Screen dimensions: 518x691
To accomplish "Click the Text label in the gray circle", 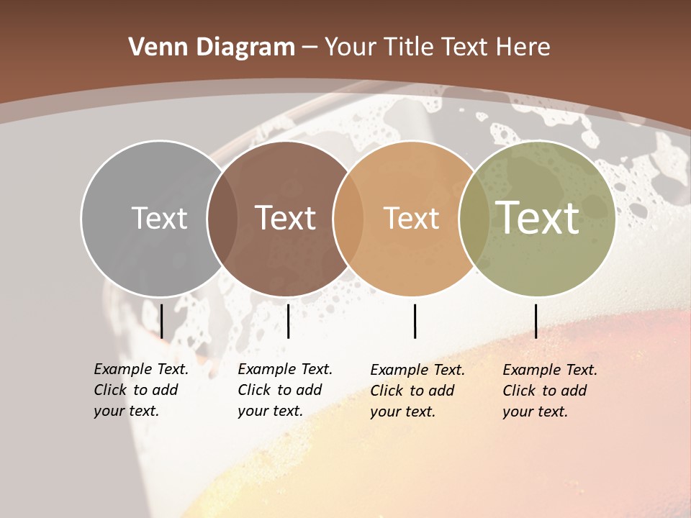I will (159, 218).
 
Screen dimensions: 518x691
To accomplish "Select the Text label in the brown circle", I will (286, 218).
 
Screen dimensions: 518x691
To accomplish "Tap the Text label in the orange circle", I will (411, 218).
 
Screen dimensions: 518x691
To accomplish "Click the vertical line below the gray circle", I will (162, 321).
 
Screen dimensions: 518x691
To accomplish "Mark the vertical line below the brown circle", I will (288, 321).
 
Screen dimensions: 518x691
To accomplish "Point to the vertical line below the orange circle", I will (415, 321).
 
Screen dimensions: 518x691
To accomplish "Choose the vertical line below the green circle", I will (536, 321).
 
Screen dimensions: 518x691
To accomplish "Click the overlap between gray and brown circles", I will (222, 218).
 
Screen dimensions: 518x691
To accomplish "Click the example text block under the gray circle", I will (141, 390).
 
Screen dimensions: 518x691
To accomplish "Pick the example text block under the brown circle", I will (285, 390).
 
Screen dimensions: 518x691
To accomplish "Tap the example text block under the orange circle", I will (417, 391).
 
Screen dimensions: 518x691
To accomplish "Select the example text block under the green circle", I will (550, 391).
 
